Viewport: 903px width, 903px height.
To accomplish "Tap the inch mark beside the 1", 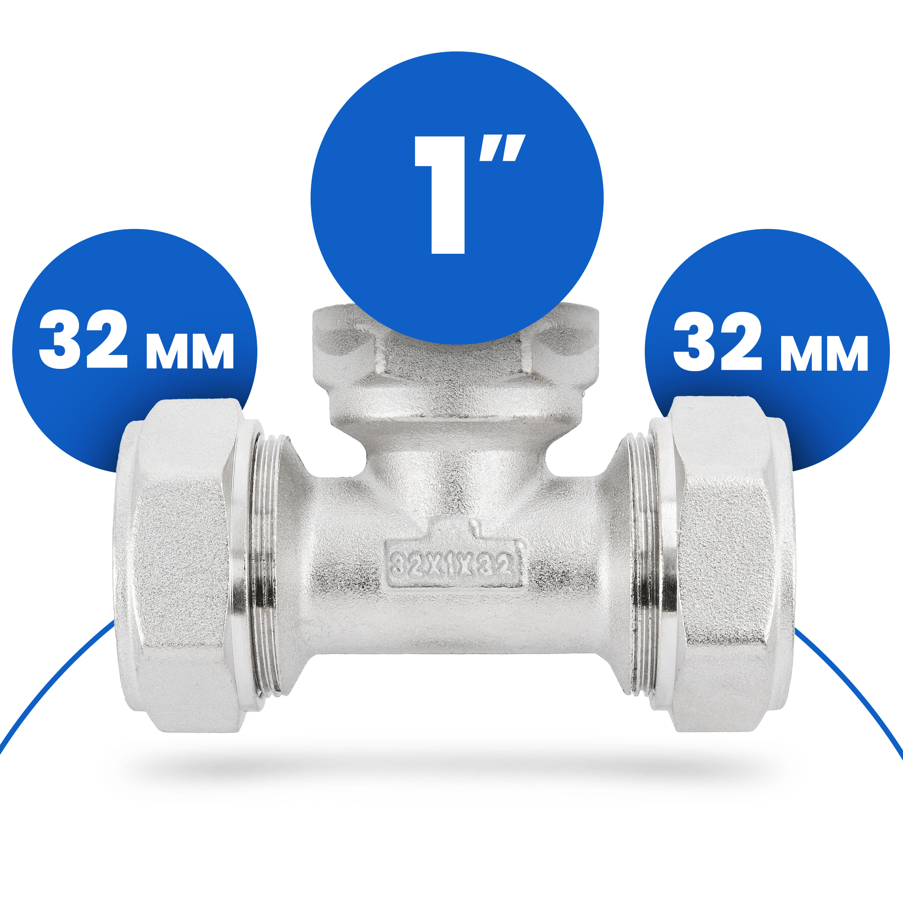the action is coord(502,148).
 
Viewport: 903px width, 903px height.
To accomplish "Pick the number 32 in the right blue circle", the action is coord(717,341).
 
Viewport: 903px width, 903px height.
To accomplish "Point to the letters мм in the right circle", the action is coord(824,354).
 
